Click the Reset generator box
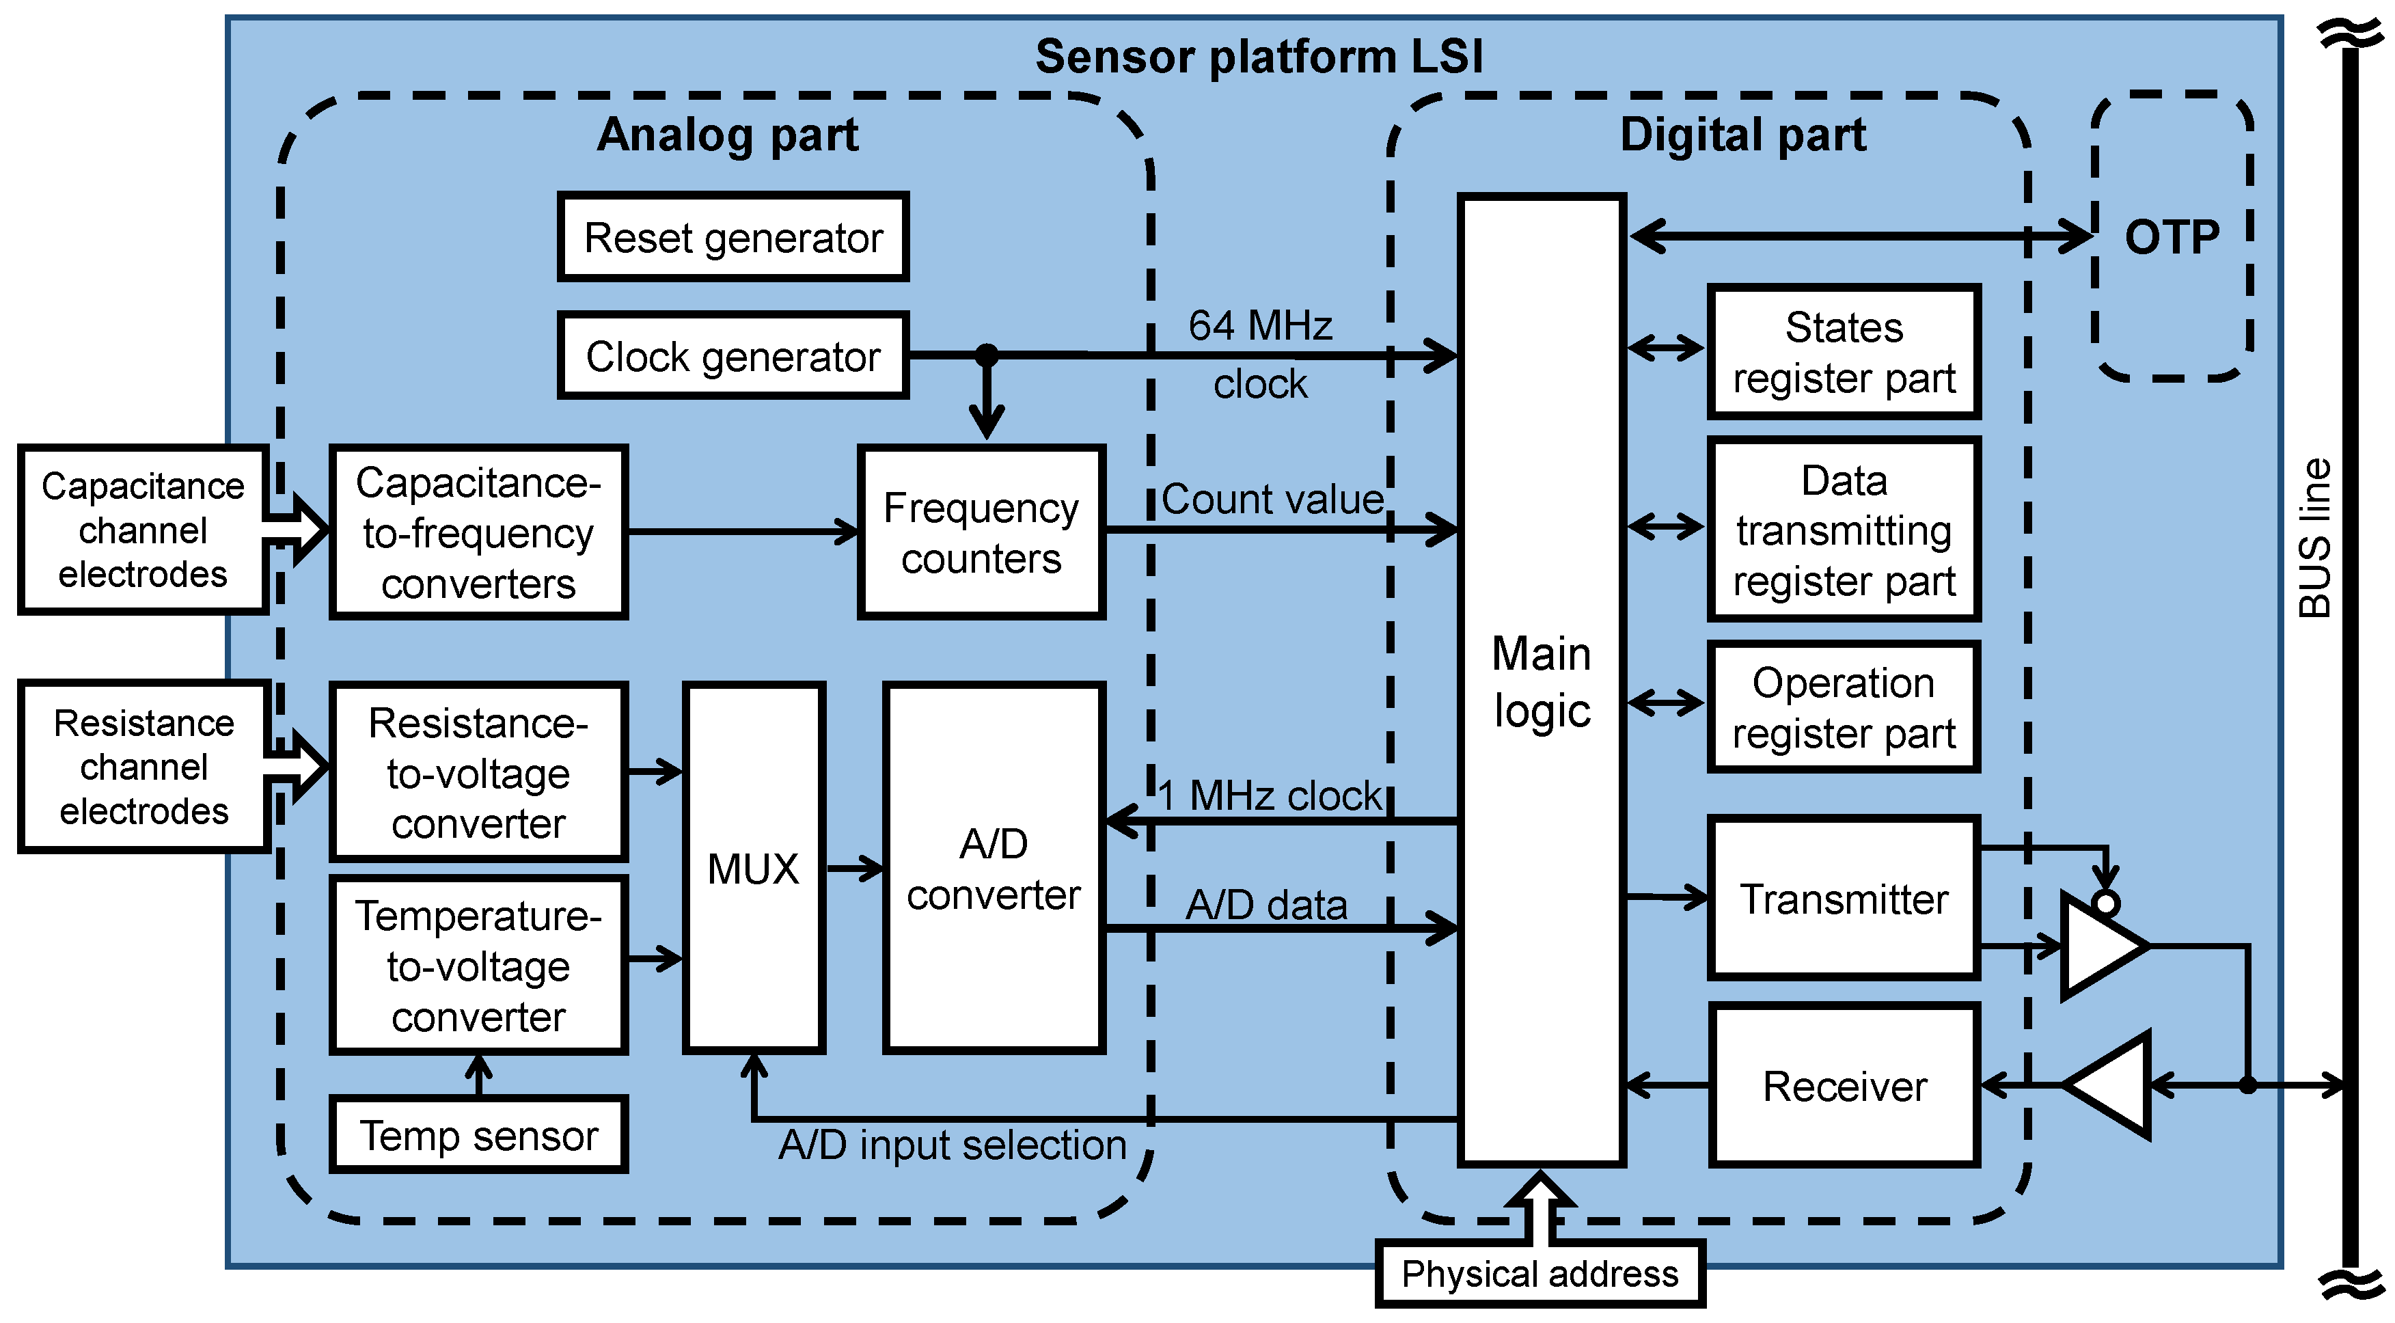[733, 237]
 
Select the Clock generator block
[733, 356]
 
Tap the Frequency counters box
[981, 532]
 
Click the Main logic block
[1541, 681]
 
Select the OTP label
[2172, 237]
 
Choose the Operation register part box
[1844, 707]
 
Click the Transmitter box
[1844, 898]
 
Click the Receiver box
[1844, 1085]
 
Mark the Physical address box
[1539, 1274]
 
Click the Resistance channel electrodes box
[143, 766]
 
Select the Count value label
[1272, 500]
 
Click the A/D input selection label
[952, 1145]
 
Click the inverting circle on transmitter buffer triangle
[2106, 903]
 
